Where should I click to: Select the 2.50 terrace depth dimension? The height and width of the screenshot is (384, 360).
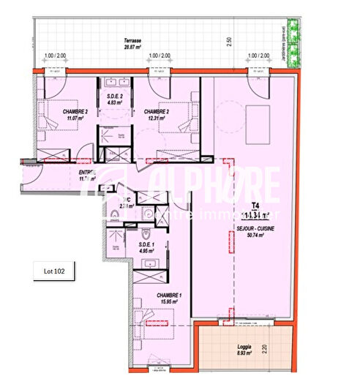click(228, 42)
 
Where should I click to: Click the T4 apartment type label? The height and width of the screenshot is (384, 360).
click(255, 206)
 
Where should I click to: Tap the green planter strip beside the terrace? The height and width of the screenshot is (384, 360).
click(294, 42)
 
